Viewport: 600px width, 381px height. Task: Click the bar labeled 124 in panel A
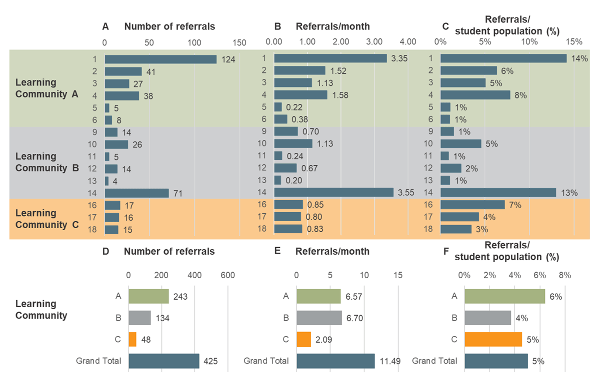point(160,59)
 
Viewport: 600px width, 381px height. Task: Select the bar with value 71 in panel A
point(136,193)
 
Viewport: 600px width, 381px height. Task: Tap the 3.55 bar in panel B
point(333,193)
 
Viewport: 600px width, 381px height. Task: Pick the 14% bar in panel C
point(503,59)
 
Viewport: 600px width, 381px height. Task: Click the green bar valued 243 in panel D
point(148,296)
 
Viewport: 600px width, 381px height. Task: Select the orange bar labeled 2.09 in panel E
point(303,340)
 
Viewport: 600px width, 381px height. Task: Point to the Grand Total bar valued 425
point(163,361)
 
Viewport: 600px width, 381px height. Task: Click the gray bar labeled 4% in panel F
point(487,318)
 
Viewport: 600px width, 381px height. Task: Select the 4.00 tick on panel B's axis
point(407,42)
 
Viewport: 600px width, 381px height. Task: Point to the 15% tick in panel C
point(573,42)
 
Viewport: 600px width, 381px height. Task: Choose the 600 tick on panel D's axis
point(227,275)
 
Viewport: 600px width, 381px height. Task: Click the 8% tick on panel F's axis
point(564,275)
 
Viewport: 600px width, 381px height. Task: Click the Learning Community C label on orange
point(47,219)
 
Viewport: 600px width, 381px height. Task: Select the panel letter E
point(277,251)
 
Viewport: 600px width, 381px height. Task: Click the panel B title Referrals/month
point(333,26)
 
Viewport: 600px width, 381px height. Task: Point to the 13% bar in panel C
point(498,193)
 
